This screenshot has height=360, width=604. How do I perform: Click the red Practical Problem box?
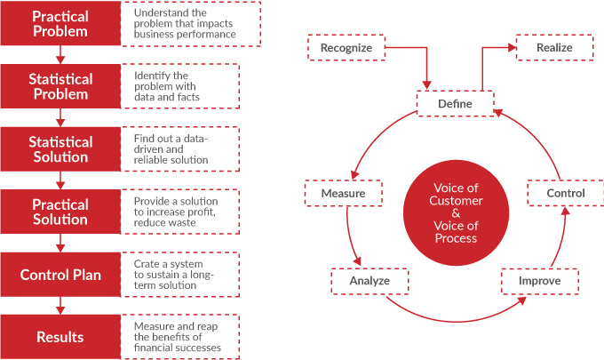click(x=60, y=24)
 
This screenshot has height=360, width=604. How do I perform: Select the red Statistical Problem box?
click(x=60, y=86)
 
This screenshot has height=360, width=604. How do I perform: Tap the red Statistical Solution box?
click(x=60, y=149)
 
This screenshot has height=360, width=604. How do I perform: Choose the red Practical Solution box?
click(x=60, y=212)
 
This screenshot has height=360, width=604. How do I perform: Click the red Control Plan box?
click(x=60, y=275)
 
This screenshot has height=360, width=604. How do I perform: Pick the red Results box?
click(x=60, y=337)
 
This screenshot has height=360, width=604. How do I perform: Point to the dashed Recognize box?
click(x=346, y=48)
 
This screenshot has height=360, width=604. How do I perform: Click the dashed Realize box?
click(x=554, y=47)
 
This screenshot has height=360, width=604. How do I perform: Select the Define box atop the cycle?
click(x=456, y=104)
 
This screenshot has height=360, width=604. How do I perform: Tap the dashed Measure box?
click(x=342, y=192)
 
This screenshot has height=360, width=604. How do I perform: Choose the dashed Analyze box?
click(x=370, y=282)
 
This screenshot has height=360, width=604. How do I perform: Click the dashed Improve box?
click(x=539, y=282)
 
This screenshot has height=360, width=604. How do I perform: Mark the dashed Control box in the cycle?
click(x=566, y=193)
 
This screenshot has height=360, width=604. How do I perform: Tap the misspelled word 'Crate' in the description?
click(x=147, y=264)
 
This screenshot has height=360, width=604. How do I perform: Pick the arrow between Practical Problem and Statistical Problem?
click(x=60, y=55)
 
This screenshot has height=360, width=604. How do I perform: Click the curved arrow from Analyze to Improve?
click(x=453, y=318)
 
